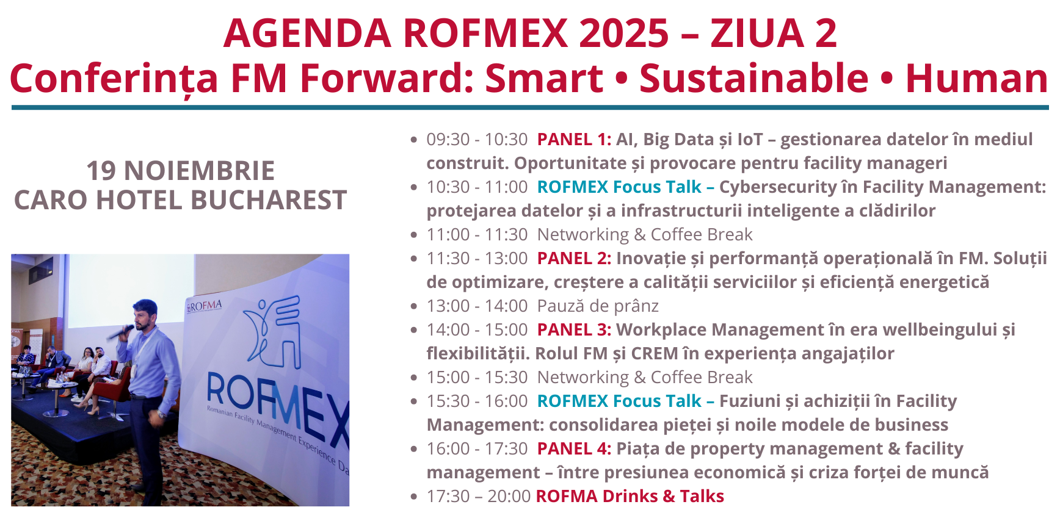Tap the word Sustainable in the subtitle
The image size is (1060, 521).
coord(753,79)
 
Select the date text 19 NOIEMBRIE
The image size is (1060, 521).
coord(181,171)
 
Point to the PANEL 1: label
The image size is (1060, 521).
coord(574,140)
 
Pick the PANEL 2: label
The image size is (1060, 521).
coord(574,259)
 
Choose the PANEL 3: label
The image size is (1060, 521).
coord(574,330)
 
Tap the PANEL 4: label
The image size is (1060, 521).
coord(574,449)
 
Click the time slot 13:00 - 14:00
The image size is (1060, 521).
coord(477,306)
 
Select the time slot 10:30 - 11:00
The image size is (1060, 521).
coord(477,187)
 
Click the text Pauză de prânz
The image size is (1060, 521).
coord(598,306)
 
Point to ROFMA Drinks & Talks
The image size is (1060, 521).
coord(630,497)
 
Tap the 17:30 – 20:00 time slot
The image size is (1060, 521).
coord(478,497)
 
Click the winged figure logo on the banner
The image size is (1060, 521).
coord(272,332)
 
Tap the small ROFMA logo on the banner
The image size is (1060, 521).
coord(204,306)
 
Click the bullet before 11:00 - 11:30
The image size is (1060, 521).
coord(414,235)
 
